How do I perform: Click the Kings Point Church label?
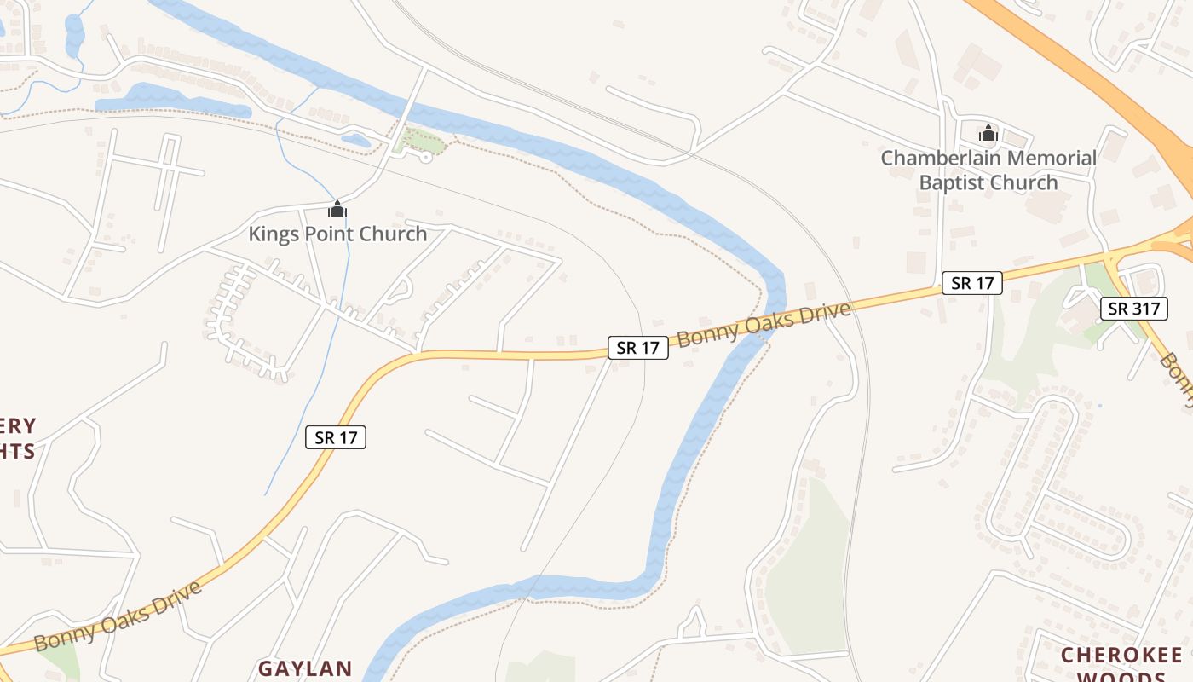(x=337, y=234)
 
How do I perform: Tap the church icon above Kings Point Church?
(x=337, y=208)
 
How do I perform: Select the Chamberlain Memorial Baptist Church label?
(x=988, y=170)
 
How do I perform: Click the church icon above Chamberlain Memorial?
(x=988, y=133)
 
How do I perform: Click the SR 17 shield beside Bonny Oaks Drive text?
(x=637, y=348)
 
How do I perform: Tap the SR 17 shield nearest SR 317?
(x=971, y=283)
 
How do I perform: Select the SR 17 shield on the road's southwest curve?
(x=336, y=437)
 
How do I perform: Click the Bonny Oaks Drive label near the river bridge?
(x=764, y=324)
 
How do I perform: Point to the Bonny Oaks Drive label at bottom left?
(x=118, y=616)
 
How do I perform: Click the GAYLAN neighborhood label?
(x=305, y=668)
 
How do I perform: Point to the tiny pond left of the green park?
(x=355, y=139)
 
